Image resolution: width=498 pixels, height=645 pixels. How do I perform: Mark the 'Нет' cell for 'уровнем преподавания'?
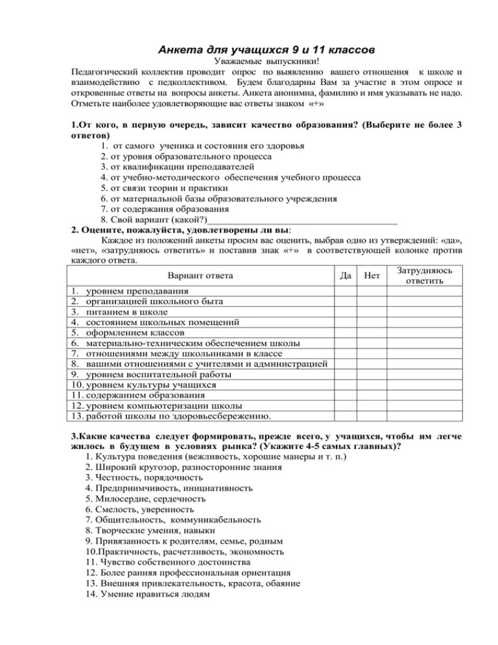point(372,291)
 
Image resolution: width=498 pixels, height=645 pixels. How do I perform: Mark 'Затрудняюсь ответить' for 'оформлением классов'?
point(425,332)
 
